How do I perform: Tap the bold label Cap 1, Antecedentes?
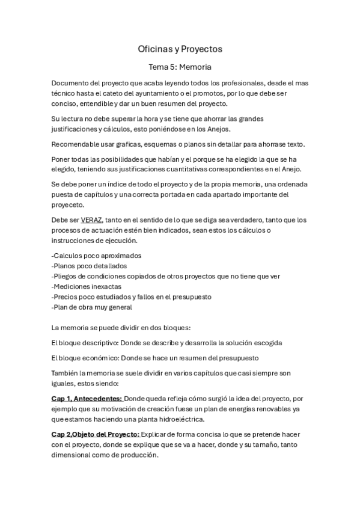(x=87, y=398)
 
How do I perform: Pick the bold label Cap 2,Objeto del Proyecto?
(x=96, y=434)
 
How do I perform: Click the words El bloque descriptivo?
(x=85, y=342)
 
